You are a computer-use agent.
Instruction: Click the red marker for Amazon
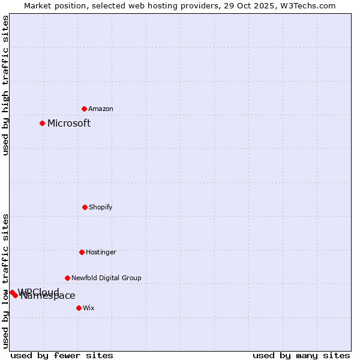(x=85, y=109)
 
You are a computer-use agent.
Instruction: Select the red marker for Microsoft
(x=42, y=123)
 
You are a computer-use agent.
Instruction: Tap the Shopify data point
(x=85, y=207)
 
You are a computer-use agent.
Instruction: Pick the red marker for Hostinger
(x=82, y=252)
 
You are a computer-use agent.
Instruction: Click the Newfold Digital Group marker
(x=67, y=278)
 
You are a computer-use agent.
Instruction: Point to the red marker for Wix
(x=79, y=308)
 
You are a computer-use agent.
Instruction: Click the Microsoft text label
(x=69, y=123)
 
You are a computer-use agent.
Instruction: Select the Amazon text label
(x=101, y=109)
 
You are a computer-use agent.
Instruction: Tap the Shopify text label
(x=101, y=207)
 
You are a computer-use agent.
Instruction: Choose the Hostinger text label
(x=101, y=252)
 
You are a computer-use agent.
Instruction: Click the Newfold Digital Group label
(x=106, y=278)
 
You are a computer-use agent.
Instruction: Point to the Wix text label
(x=89, y=308)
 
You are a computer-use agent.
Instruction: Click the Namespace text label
(x=48, y=296)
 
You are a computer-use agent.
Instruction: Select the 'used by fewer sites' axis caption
(x=62, y=355)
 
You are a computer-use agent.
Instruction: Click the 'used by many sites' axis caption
(x=301, y=355)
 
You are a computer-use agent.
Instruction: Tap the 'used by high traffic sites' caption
(x=5, y=85)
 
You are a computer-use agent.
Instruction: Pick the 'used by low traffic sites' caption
(x=5, y=281)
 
